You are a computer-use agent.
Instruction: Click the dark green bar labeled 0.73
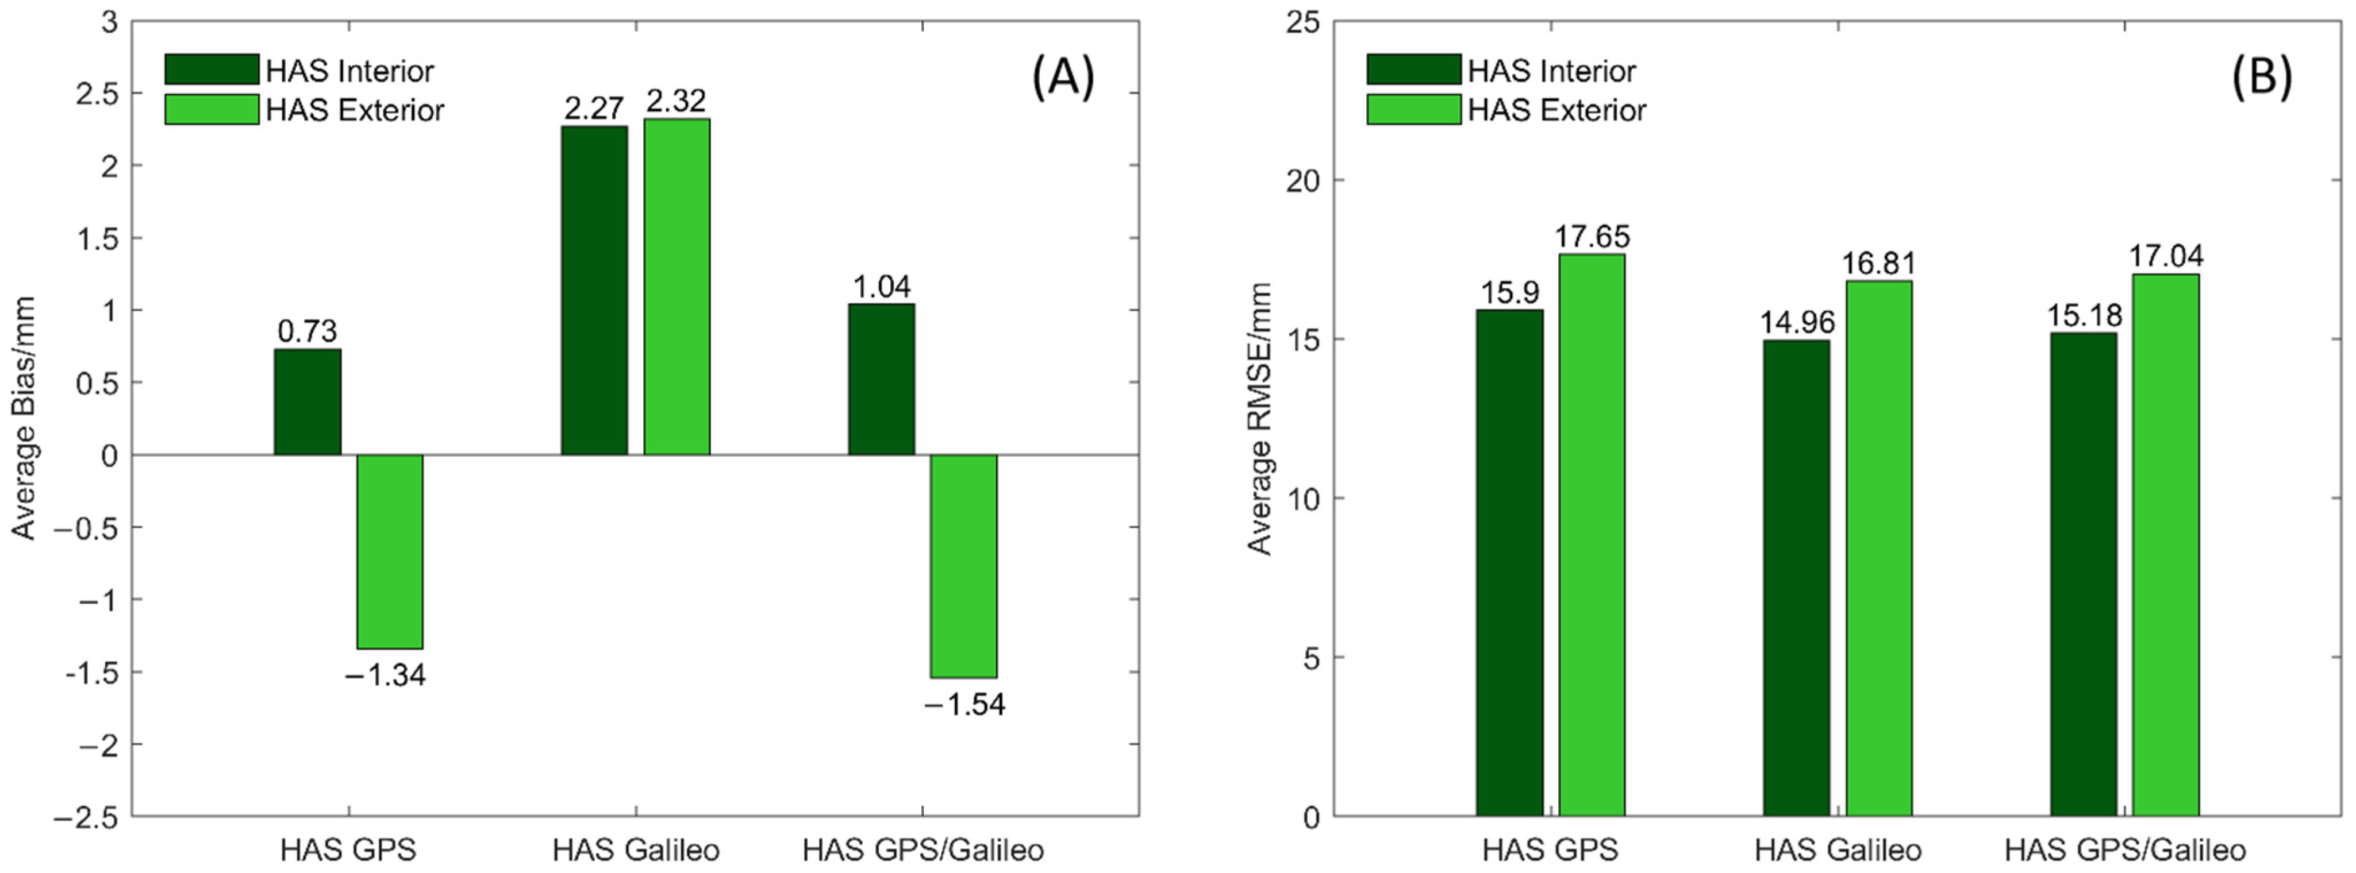(308, 401)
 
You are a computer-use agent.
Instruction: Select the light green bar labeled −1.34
(390, 551)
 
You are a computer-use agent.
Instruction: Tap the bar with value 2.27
(594, 290)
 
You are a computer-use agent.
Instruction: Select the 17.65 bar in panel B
(1592, 535)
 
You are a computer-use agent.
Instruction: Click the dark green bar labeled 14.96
(1796, 578)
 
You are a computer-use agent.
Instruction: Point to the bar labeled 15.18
(2084, 574)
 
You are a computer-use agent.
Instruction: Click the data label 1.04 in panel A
(882, 287)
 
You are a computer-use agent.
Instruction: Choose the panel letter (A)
(1063, 77)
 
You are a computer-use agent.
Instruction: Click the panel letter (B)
(2261, 77)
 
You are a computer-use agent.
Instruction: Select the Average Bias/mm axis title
(24, 418)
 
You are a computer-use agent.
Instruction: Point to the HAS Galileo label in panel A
(636, 850)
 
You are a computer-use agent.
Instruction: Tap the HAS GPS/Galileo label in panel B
(2124, 850)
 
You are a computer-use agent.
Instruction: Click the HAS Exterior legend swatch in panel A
(212, 110)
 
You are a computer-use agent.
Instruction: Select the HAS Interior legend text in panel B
(1551, 71)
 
